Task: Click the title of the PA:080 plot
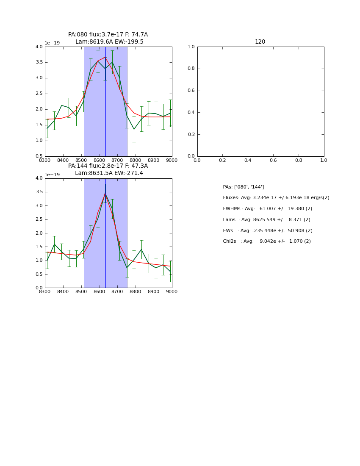coord(108,38)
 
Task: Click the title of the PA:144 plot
coord(108,169)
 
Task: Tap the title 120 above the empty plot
coord(260,42)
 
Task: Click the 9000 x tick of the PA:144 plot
coord(172,291)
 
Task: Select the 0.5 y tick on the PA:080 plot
coord(39,156)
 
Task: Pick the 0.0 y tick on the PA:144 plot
coord(39,288)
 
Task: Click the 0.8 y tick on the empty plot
coord(191,69)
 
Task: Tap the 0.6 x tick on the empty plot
coord(273,160)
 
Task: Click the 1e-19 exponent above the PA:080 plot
coord(52,43)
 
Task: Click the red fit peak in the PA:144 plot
coord(105,194)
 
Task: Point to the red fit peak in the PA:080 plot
coord(105,57)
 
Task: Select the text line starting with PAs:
coord(243,187)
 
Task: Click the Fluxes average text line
coord(276,198)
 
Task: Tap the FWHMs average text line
coord(267,209)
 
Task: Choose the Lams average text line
coord(266,220)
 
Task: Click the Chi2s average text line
coord(267,241)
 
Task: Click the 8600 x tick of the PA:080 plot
coord(99,160)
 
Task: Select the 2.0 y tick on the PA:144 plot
coord(39,233)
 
